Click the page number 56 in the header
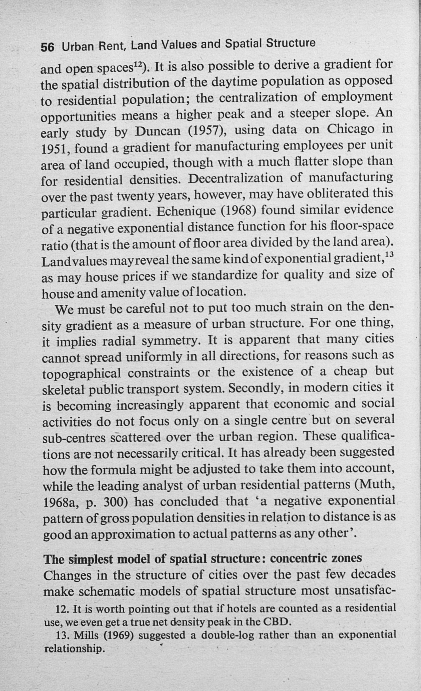47,47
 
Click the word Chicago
350,129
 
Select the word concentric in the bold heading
301,558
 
